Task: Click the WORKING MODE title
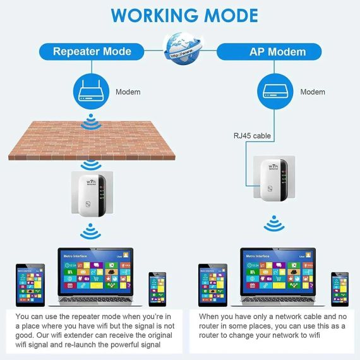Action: click(x=180, y=15)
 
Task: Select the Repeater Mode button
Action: click(x=92, y=52)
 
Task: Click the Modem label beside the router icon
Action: click(x=128, y=92)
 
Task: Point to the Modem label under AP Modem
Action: click(x=312, y=92)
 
